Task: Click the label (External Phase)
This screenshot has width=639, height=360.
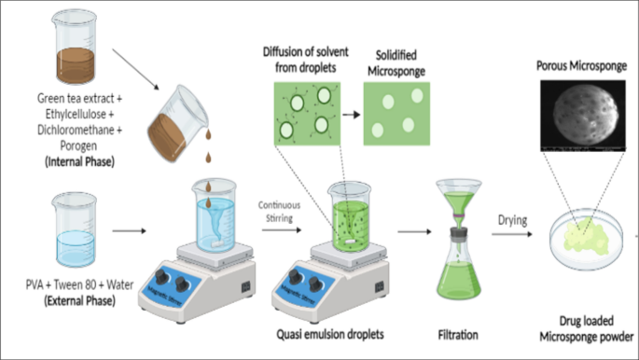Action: (70, 300)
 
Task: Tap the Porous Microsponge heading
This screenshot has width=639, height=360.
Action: (581, 67)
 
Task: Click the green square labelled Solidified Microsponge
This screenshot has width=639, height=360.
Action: (396, 111)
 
